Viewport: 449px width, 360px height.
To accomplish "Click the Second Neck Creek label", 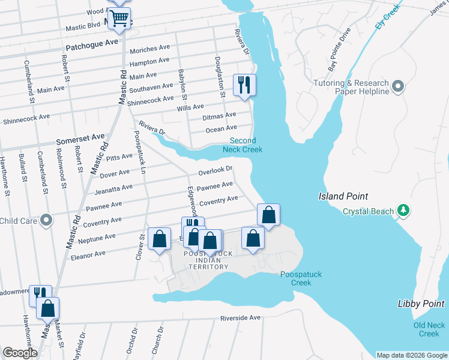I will (x=239, y=145).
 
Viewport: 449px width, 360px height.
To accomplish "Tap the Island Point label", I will (x=343, y=196).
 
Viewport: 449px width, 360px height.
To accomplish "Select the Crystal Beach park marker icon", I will (x=404, y=211).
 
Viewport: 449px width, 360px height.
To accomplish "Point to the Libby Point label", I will (x=421, y=304).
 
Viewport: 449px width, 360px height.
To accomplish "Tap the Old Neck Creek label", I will (x=429, y=329).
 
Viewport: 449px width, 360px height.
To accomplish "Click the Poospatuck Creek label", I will (x=301, y=278).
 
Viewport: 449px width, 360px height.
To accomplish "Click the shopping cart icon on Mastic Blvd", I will (x=119, y=19).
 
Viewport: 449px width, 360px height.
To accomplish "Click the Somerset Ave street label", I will (x=80, y=139).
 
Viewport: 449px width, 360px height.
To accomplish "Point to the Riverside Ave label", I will (x=240, y=317).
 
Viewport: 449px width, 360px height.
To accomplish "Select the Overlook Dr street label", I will (x=215, y=171).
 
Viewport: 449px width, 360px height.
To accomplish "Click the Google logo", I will (x=20, y=353).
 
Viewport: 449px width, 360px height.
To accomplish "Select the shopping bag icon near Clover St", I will (x=159, y=239).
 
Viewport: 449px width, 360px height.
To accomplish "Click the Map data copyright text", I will (x=411, y=355).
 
